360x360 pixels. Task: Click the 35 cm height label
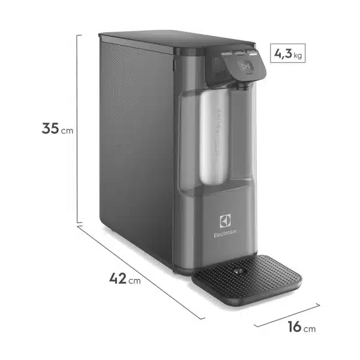click(x=58, y=128)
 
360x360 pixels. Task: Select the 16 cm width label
click(x=300, y=328)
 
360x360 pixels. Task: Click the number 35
click(x=50, y=128)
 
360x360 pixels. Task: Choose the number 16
click(x=294, y=328)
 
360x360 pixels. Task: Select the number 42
click(x=118, y=278)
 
